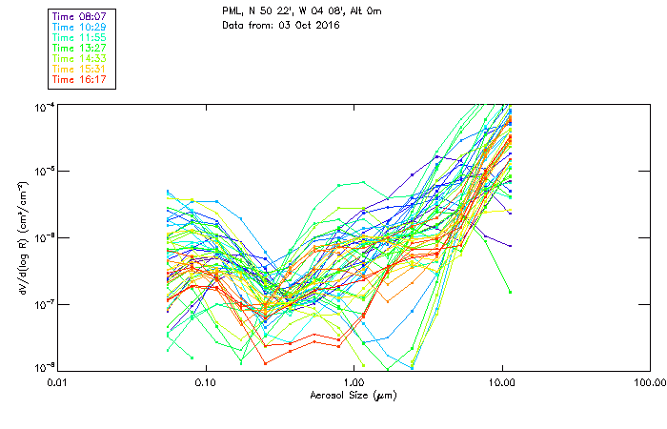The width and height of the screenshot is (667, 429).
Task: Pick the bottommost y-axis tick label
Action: pyautogui.click(x=44, y=367)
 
